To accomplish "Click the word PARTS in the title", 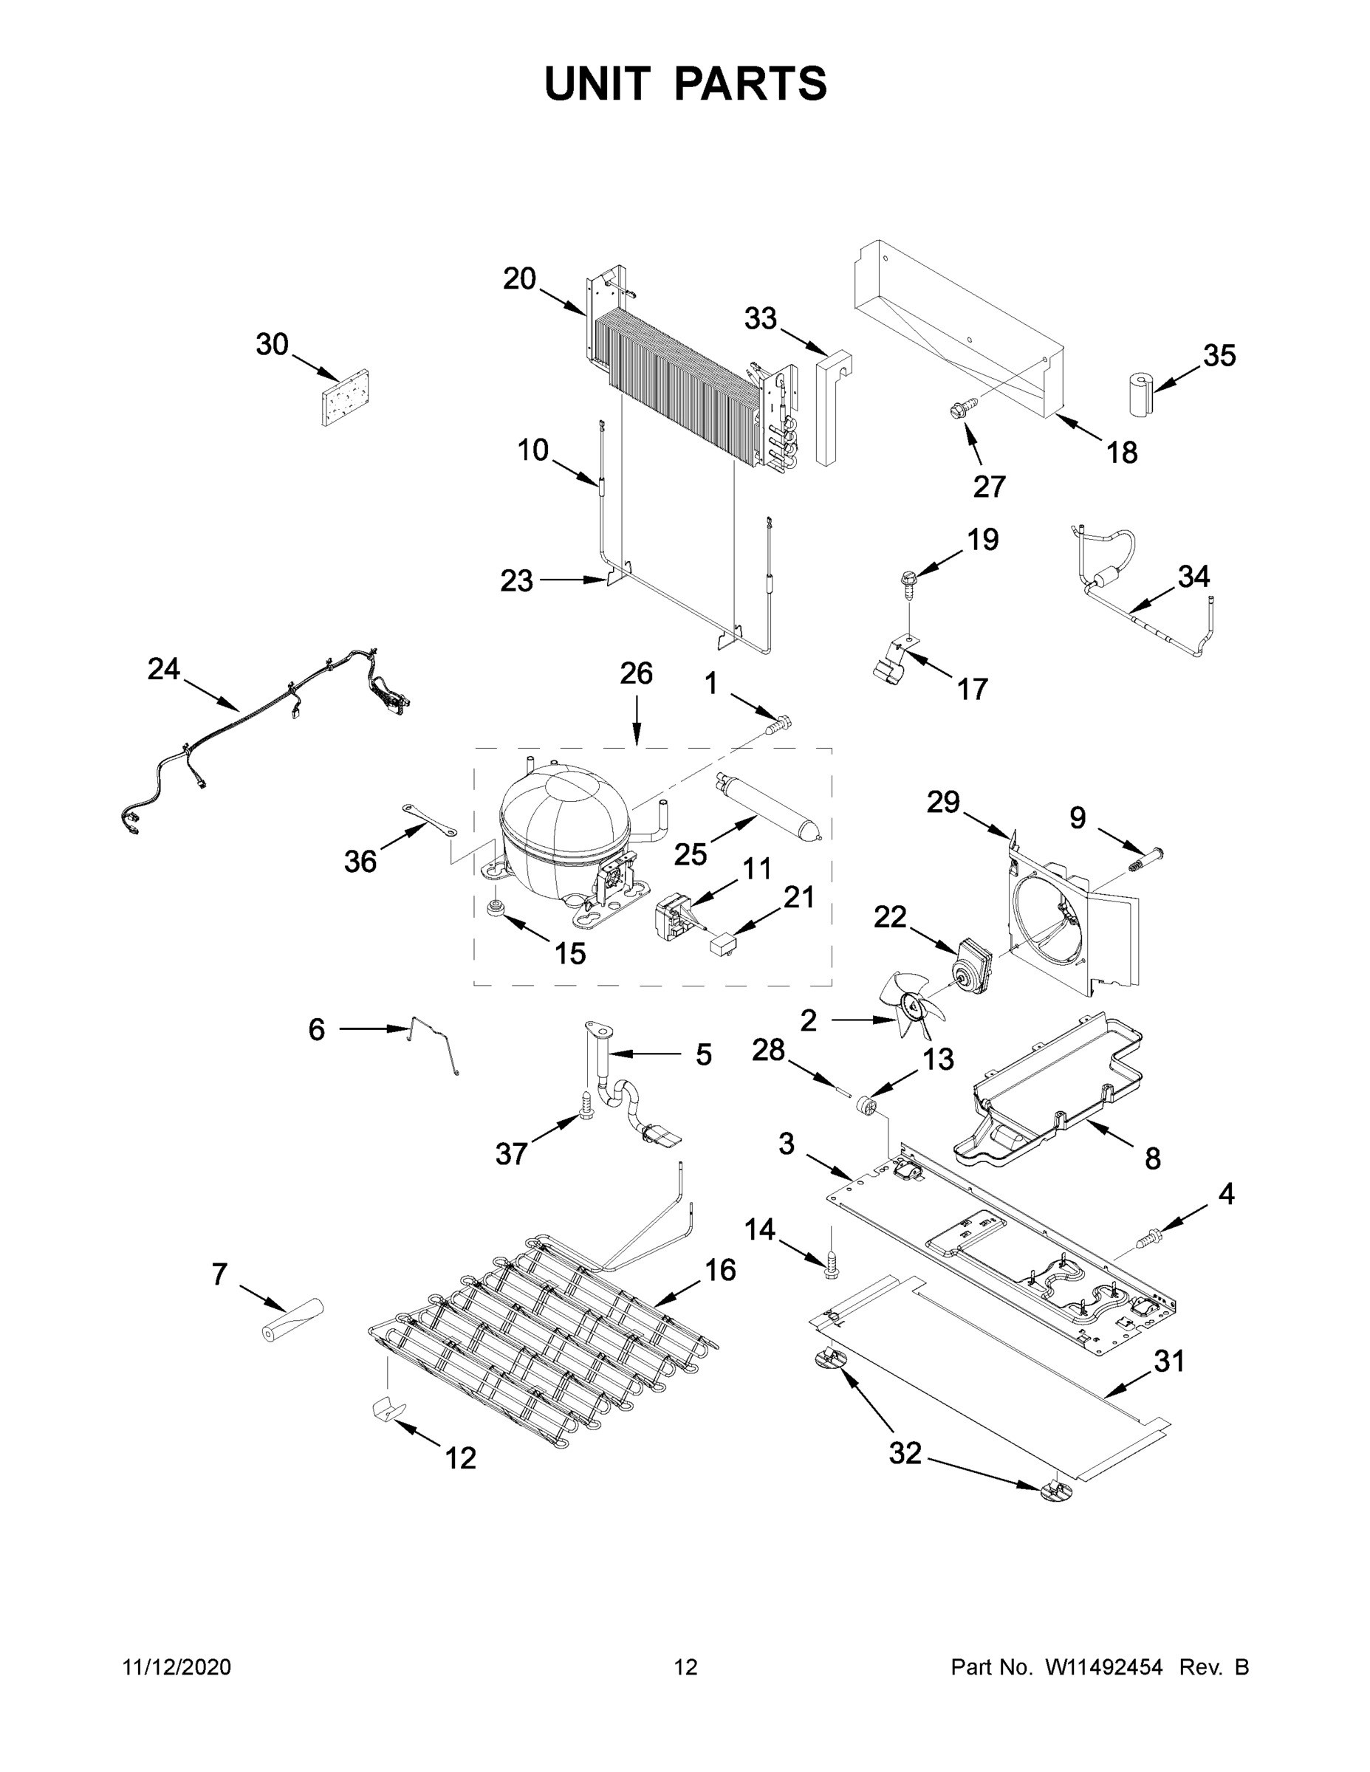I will point(751,83).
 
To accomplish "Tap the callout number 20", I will point(519,279).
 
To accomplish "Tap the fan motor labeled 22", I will point(974,961).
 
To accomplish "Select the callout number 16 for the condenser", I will point(719,1269).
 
